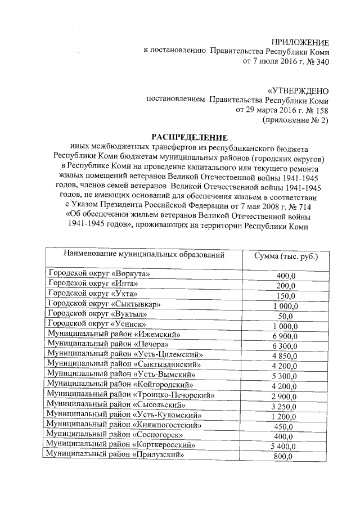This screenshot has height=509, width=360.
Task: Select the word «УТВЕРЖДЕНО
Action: click(x=298, y=91)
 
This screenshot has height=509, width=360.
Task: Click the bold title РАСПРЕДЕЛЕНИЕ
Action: click(x=188, y=138)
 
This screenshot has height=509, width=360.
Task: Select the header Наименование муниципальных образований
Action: click(x=144, y=255)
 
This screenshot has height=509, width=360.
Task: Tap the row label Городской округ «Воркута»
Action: click(x=100, y=274)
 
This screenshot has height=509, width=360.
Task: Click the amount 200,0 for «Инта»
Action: click(x=286, y=285)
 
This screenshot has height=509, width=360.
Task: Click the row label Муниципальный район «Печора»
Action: click(x=109, y=344)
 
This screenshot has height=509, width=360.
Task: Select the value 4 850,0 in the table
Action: click(x=285, y=355)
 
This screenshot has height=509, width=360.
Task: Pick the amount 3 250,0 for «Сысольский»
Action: click(x=285, y=406)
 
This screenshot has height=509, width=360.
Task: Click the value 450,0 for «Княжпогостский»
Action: click(x=286, y=426)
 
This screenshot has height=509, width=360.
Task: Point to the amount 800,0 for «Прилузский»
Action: click(x=284, y=456)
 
